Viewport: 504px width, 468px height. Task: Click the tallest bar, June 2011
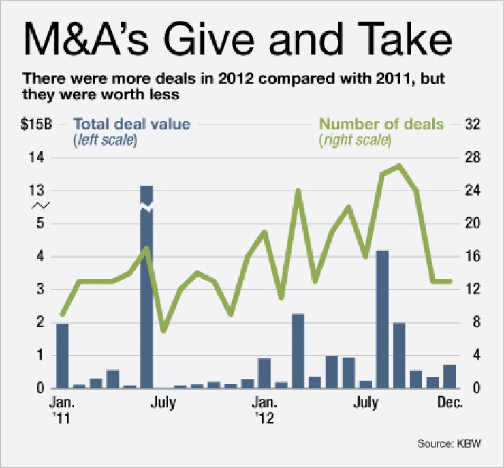click(x=146, y=286)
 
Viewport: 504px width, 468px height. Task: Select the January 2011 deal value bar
click(x=62, y=355)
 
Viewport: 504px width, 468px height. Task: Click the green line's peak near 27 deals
click(x=400, y=166)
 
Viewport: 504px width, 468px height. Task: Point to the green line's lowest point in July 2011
click(x=163, y=330)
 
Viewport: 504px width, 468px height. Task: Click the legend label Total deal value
click(x=131, y=124)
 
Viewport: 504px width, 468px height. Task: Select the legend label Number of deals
click(x=381, y=124)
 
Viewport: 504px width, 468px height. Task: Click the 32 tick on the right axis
click(x=473, y=125)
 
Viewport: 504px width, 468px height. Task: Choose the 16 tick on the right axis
click(x=473, y=256)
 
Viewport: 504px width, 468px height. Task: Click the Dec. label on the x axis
click(x=450, y=403)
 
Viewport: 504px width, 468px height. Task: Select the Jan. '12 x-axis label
click(x=265, y=409)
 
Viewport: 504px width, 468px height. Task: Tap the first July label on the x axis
click(x=163, y=403)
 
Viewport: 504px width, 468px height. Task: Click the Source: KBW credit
click(x=450, y=444)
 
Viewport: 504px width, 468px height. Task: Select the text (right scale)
click(x=355, y=140)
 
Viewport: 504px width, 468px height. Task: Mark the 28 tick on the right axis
click(x=473, y=157)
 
